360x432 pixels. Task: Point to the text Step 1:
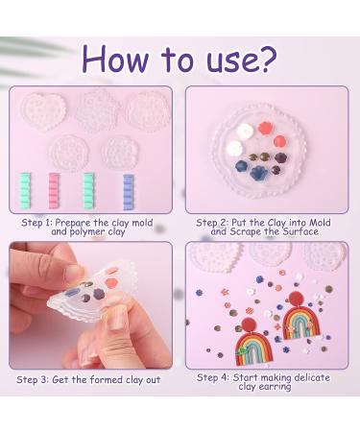tap(36, 222)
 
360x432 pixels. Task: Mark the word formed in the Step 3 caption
tap(108, 379)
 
